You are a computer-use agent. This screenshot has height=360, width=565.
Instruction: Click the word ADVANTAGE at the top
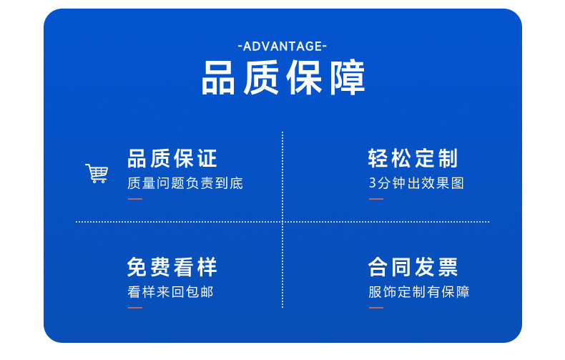click(x=282, y=47)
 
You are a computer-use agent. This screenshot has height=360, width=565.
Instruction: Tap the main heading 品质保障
click(x=283, y=77)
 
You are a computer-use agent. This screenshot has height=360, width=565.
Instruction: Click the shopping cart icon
click(x=97, y=173)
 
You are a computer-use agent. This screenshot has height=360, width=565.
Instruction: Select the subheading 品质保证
click(x=172, y=158)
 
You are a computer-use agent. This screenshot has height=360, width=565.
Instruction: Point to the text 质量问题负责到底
click(x=185, y=183)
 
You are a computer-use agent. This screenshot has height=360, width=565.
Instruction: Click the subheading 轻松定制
click(x=413, y=158)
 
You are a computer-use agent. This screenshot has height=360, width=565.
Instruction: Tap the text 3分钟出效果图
click(x=416, y=183)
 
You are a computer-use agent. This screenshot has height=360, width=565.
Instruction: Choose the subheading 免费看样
click(x=172, y=267)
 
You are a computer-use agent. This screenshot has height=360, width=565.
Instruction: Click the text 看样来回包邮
click(x=170, y=292)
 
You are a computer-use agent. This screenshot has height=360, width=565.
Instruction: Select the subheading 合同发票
click(x=413, y=267)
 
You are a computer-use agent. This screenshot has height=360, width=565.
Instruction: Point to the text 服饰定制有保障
click(x=418, y=292)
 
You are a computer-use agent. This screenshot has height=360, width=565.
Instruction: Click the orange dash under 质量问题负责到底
click(x=135, y=199)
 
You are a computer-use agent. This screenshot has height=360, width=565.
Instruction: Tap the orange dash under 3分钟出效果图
click(x=375, y=199)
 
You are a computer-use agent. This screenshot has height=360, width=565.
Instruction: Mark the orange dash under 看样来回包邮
click(x=135, y=308)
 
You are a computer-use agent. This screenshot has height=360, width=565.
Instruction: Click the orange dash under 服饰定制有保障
click(x=375, y=308)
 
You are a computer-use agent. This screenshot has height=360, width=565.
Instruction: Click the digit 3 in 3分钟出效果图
click(x=372, y=183)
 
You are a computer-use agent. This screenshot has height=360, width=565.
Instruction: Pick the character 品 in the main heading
click(x=218, y=77)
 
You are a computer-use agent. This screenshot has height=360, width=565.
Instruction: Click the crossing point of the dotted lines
click(x=282, y=222)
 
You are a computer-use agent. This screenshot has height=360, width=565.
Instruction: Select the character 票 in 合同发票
click(x=448, y=267)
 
